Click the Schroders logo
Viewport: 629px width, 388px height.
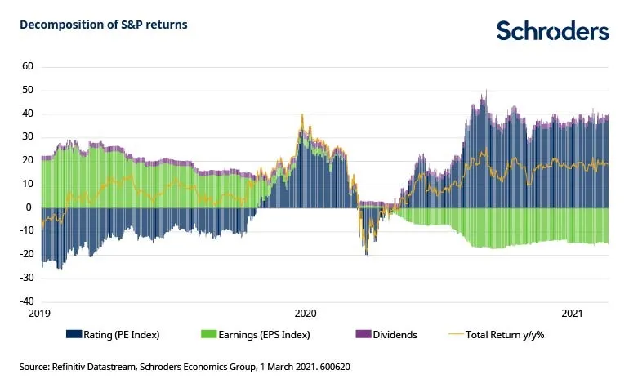point(552,31)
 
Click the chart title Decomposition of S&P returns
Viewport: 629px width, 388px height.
point(104,25)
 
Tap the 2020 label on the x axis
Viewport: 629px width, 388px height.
point(305,313)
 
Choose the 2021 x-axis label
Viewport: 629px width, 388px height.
point(572,313)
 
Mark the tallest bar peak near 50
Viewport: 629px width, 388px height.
point(486,91)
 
